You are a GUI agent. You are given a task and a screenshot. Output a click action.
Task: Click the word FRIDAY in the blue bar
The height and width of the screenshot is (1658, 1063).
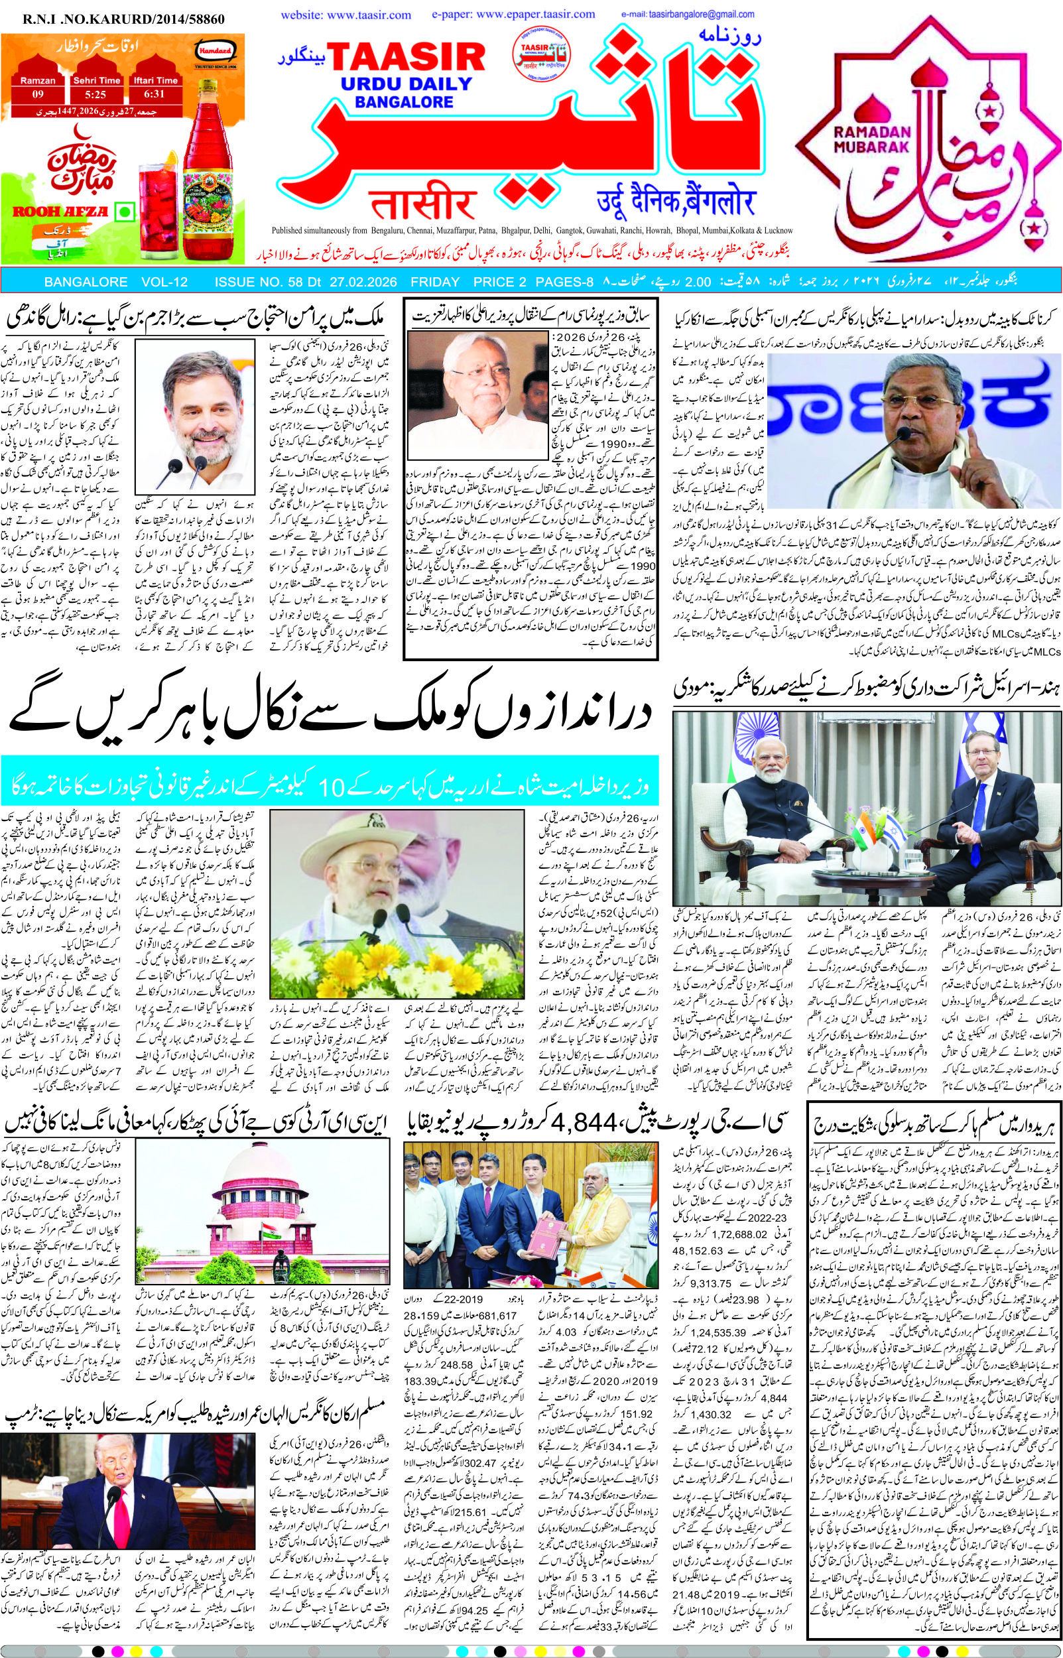[435, 282]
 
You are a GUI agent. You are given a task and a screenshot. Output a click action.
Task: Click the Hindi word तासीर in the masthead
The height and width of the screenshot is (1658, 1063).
[414, 205]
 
